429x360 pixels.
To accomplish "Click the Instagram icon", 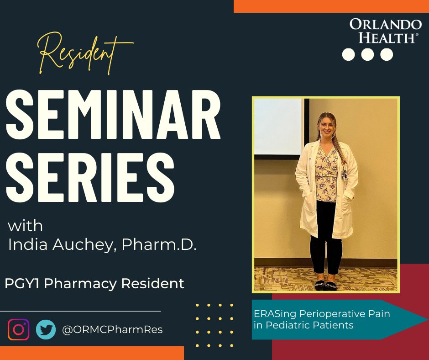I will click(x=18, y=329).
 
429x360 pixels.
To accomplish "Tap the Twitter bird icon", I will click(x=46, y=329).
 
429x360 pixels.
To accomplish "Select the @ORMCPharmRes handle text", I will click(x=112, y=329).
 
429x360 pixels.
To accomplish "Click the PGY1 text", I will click(x=23, y=284).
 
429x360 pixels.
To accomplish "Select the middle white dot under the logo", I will click(x=367, y=54).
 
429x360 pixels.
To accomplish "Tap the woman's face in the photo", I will click(x=327, y=126).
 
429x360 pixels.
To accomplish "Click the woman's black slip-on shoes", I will click(x=325, y=285).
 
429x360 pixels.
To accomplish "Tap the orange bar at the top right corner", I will click(x=331, y=6).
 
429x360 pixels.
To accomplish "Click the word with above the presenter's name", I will click(x=26, y=226).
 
